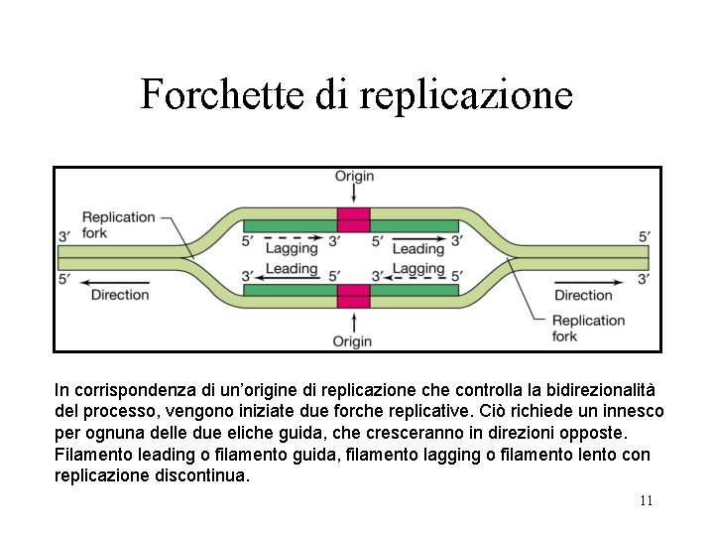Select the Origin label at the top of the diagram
tap(354, 176)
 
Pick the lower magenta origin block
tap(353, 296)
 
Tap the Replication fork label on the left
tap(118, 224)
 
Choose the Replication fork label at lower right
tap(588, 328)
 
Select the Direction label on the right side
tap(583, 295)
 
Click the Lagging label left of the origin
tap(292, 249)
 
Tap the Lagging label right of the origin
tap(417, 268)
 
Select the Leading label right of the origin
tap(417, 249)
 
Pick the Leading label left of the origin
tap(292, 268)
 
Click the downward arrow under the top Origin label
tap(354, 196)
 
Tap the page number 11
tap(646, 500)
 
